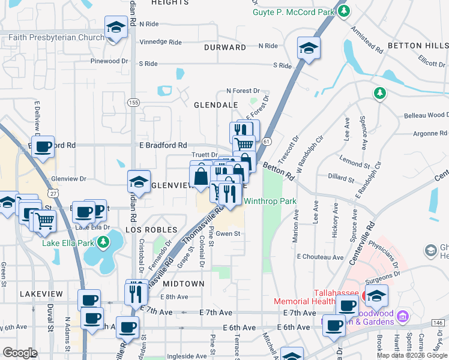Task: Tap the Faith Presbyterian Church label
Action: (56, 38)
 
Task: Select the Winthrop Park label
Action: (270, 202)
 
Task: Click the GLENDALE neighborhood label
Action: (215, 105)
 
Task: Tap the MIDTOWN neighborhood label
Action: (182, 283)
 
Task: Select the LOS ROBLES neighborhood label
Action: (152, 230)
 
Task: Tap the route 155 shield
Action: (133, 103)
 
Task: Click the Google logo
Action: (20, 353)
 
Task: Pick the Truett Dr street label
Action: (205, 155)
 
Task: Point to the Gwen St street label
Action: (228, 234)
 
